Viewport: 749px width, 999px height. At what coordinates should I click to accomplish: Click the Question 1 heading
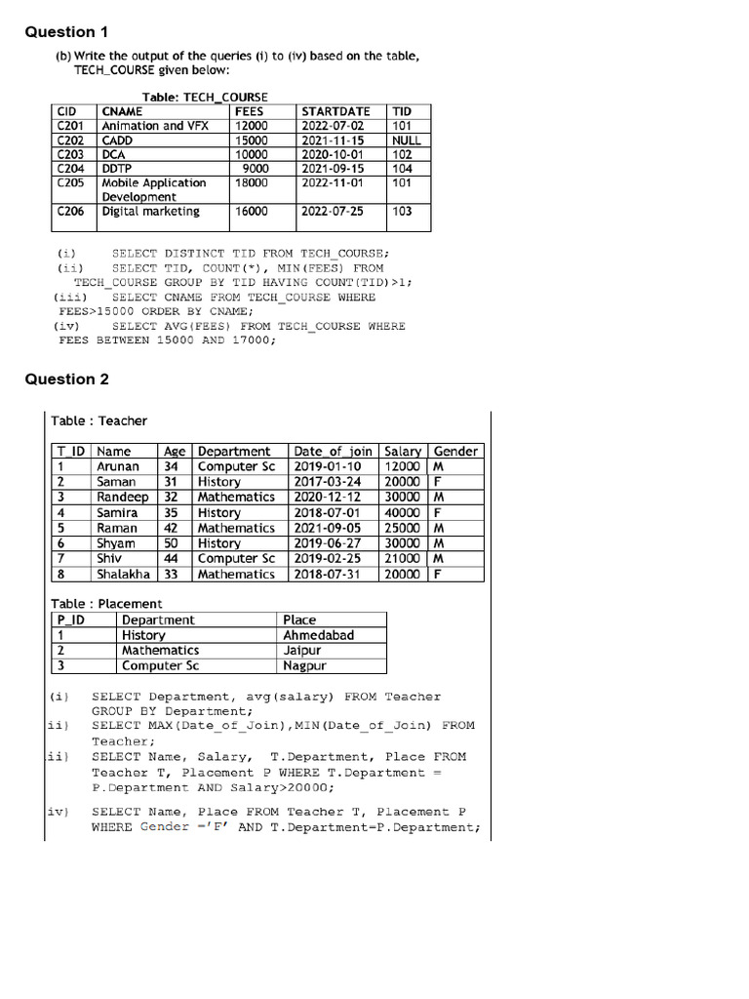coord(59,32)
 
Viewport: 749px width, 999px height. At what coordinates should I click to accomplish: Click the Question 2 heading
coord(66,380)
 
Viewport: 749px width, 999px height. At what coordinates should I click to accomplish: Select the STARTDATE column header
coord(335,111)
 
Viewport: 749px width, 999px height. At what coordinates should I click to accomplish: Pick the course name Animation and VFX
coord(155,126)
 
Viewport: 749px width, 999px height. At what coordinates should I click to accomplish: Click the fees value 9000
coord(256,168)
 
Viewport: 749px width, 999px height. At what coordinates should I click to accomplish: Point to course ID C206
coord(70,211)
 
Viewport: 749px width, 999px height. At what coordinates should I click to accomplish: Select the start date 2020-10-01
coord(333,154)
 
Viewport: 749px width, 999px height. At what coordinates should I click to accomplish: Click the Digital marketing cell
coord(150,211)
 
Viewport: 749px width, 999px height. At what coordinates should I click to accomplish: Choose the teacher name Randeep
coord(123,497)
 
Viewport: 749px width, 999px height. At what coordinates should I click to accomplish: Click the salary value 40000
coord(402,512)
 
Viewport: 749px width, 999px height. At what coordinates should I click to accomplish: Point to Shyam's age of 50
coord(172,543)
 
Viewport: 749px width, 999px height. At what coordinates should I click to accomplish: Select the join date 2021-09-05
coord(328,528)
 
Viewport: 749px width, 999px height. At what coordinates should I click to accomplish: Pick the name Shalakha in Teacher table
coord(123,575)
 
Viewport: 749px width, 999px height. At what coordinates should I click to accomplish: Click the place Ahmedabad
coord(318,635)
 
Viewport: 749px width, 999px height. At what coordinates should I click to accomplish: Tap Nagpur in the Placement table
coord(304,666)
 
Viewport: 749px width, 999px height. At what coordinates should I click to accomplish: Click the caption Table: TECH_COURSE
coord(205,97)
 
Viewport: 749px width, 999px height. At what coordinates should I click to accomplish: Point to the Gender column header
coord(455,451)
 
